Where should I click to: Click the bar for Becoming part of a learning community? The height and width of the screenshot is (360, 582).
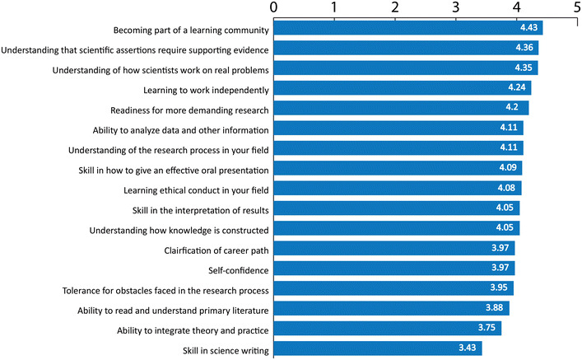pos(408,28)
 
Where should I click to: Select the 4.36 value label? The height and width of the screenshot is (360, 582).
pos(524,48)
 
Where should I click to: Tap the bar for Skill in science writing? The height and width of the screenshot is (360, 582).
pos(378,348)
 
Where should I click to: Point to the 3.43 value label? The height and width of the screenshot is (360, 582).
pos(468,348)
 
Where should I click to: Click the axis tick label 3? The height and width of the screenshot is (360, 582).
pos(456,7)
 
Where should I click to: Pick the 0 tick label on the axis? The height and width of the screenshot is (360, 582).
pos(274,7)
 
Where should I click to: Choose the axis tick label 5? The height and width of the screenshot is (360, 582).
pos(577,7)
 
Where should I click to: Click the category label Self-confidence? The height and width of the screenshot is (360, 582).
pos(238,270)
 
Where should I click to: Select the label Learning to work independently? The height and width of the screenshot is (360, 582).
pos(206,91)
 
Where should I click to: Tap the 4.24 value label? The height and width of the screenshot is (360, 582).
pos(517,87)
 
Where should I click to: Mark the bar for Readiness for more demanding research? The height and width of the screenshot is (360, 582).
pos(401,108)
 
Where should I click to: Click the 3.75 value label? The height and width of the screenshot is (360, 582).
pos(487,328)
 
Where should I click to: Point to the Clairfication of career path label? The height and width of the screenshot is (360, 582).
pos(217,250)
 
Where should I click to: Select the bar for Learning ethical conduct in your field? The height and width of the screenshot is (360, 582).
pos(398,188)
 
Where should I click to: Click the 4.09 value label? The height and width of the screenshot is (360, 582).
pos(508,167)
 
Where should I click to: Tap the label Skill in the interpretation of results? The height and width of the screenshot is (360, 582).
pos(200,211)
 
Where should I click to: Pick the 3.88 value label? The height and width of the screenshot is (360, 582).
pos(495,307)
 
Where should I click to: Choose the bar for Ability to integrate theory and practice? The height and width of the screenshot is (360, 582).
pos(388,328)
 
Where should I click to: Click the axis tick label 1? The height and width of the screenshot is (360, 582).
pos(334,7)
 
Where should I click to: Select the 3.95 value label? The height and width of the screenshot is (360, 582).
pos(499,288)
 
